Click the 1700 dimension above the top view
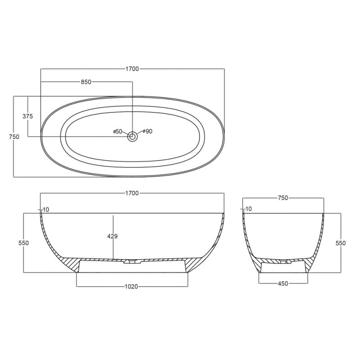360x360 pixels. point(132,69)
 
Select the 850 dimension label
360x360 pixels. point(86,82)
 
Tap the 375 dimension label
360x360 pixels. point(27,117)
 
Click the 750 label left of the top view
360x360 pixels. point(14,137)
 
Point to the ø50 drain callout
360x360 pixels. point(117,131)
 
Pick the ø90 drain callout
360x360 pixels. point(148,131)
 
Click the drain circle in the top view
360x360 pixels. point(132,137)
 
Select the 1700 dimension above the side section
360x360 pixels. point(132,193)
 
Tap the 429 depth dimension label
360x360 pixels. point(112,236)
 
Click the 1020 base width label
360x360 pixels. point(131,287)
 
